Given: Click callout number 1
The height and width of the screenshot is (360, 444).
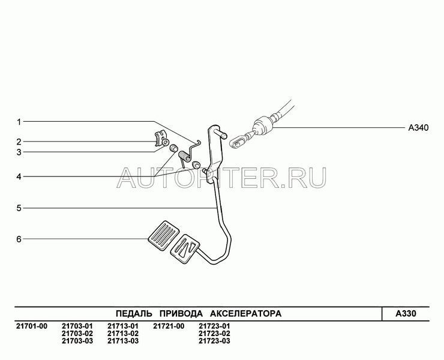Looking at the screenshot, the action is click(x=19, y=122).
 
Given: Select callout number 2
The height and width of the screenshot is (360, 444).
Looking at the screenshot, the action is click(x=19, y=142).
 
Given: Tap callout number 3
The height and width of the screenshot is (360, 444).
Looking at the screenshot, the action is click(x=19, y=152).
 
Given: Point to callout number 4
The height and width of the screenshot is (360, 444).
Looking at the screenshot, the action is click(x=19, y=177).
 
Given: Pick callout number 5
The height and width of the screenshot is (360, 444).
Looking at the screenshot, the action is click(x=19, y=208).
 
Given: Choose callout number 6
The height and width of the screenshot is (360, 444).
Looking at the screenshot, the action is click(x=19, y=239).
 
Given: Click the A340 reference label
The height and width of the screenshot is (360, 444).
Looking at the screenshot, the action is click(x=418, y=128).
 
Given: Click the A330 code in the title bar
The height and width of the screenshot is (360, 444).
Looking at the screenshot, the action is click(x=406, y=314).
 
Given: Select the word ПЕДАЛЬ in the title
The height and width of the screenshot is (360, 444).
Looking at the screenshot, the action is click(x=134, y=314).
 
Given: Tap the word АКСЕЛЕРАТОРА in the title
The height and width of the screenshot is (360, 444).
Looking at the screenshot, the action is click(x=246, y=314).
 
